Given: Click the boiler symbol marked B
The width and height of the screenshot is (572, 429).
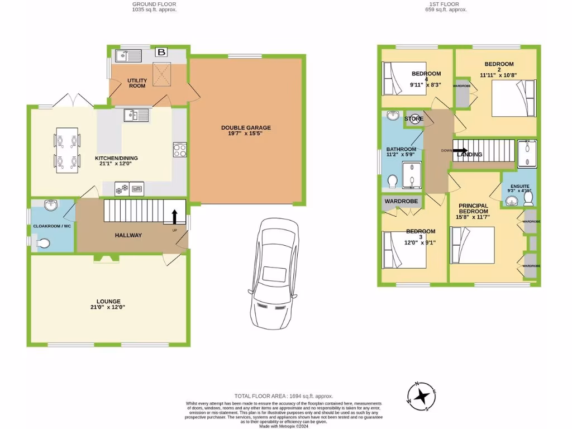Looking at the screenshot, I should pyautogui.click(x=161, y=53).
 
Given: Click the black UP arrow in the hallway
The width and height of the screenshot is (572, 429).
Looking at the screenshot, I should pyautogui.click(x=174, y=217).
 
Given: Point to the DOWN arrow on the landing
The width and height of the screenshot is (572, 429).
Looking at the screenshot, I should pyautogui.click(x=459, y=149).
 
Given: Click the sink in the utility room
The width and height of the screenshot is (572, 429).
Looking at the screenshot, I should pyautogui.click(x=128, y=55).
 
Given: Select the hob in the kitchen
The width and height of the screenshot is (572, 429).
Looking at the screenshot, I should pyautogui.click(x=180, y=150).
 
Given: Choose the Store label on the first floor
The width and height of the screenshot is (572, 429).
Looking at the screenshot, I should pyautogui.click(x=413, y=119).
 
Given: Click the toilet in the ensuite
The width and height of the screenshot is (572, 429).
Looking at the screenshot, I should pyautogui.click(x=529, y=198).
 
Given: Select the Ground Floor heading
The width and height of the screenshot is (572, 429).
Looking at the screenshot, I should pyautogui.click(x=155, y=4).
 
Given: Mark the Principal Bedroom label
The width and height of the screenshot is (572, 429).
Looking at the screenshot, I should pyautogui.click(x=474, y=209).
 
